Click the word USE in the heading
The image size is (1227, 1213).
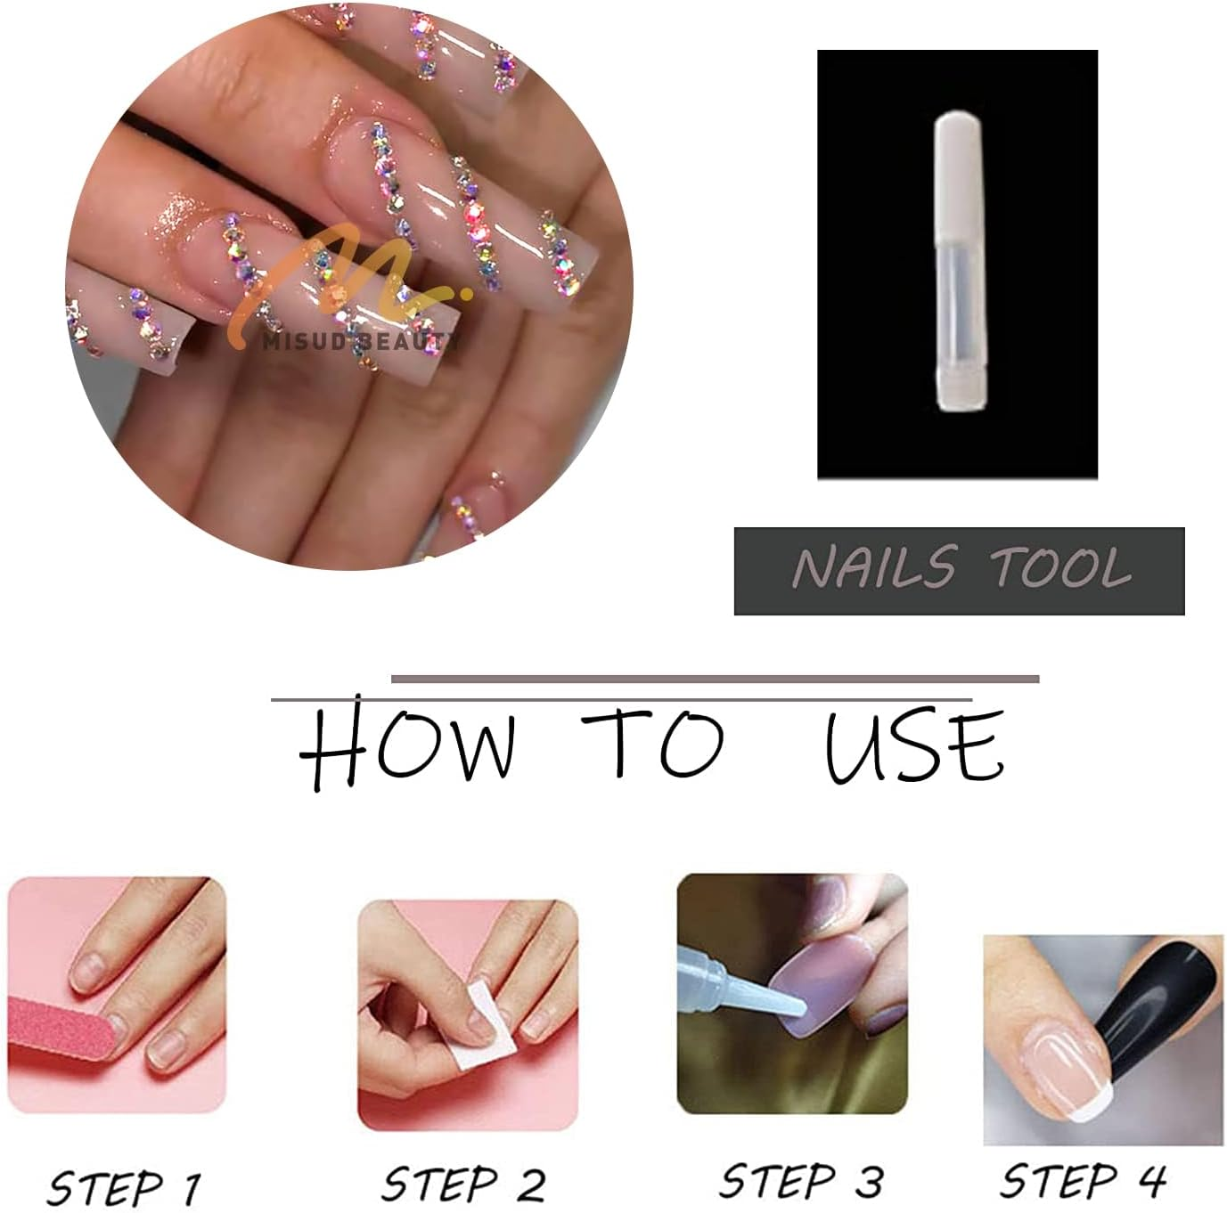915,746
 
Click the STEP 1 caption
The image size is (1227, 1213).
124,1187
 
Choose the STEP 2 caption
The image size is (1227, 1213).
463,1185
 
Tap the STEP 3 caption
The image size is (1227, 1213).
800,1181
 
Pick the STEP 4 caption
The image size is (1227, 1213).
1083,1181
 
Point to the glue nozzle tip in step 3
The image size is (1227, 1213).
798,1007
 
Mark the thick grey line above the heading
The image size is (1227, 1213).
715,679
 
